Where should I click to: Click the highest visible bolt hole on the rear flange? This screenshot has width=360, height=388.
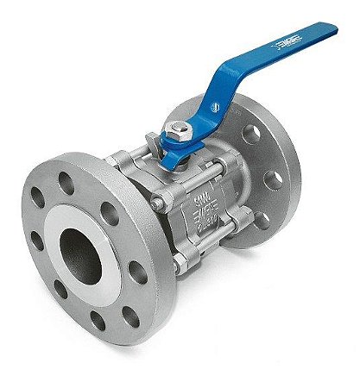click(x=250, y=135)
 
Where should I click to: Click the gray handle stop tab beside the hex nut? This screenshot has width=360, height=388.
click(x=152, y=138)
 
